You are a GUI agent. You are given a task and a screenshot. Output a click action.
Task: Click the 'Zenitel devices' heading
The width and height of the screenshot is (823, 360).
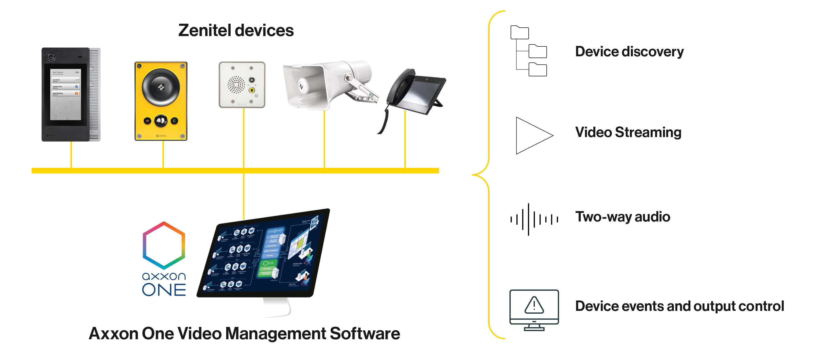click(x=236, y=31)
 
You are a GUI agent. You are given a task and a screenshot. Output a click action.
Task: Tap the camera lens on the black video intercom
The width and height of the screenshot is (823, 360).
click(x=51, y=57)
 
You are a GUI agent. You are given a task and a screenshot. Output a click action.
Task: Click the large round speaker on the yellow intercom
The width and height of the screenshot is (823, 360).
click(x=161, y=87)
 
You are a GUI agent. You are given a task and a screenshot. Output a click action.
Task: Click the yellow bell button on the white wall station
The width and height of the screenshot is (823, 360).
click(x=252, y=90)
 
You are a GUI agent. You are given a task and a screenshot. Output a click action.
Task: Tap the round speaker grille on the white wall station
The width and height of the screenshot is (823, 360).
click(x=236, y=84)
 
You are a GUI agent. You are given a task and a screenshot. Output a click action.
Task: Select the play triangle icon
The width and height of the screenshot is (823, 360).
click(x=532, y=136)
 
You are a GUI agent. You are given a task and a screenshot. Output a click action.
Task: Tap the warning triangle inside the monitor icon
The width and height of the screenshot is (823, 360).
click(x=534, y=305)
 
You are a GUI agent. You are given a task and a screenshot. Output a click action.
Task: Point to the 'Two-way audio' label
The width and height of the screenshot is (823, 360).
click(x=622, y=217)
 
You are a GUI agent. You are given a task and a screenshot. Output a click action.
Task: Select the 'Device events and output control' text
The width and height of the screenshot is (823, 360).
click(x=680, y=306)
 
